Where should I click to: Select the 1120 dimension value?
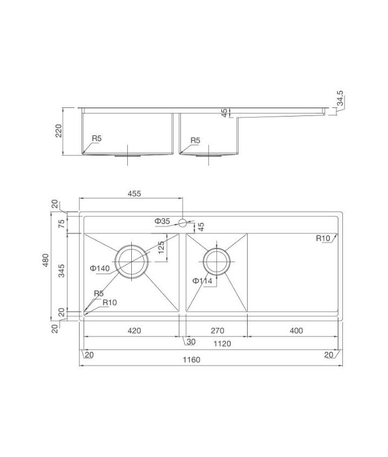(223, 343)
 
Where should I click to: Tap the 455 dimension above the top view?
(134, 194)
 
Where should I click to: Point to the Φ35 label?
(162, 221)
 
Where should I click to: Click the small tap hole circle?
(183, 222)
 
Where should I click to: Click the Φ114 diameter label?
(202, 280)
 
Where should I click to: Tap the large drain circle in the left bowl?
(132, 261)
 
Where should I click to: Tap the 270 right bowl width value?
(217, 330)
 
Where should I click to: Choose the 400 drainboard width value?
(296, 330)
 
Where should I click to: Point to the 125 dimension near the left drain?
(161, 247)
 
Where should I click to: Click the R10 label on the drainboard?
(324, 238)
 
